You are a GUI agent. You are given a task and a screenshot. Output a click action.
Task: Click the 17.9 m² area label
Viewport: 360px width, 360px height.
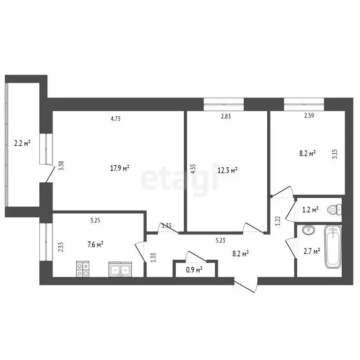coord(119,169)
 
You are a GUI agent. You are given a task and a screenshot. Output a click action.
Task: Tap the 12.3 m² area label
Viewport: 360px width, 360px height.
coord(227,170)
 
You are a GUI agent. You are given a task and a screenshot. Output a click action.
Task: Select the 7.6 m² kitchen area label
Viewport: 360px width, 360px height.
coord(95,244)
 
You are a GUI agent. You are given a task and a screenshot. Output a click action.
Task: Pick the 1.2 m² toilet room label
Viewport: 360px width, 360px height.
coord(311,210)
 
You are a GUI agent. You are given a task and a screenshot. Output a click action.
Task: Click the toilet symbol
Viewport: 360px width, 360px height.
coord(334,209)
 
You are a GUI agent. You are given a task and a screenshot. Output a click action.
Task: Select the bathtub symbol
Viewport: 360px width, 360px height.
coord(333,247)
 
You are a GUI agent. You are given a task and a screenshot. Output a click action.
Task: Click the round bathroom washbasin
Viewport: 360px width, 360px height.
coord(309,231)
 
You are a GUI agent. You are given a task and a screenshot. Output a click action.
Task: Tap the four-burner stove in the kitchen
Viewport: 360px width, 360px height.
coord(83,269)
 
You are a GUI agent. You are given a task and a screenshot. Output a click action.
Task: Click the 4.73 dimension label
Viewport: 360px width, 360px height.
coord(116,119)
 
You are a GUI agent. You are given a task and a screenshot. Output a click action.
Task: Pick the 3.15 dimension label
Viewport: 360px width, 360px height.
coord(335,154)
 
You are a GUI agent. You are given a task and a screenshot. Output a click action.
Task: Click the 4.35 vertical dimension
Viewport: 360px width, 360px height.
coord(193,169)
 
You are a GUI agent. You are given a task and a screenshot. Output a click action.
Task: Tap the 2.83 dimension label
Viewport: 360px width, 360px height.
coord(226,117)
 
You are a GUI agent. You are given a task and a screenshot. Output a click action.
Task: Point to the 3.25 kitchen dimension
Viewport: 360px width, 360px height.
coord(95,219)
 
